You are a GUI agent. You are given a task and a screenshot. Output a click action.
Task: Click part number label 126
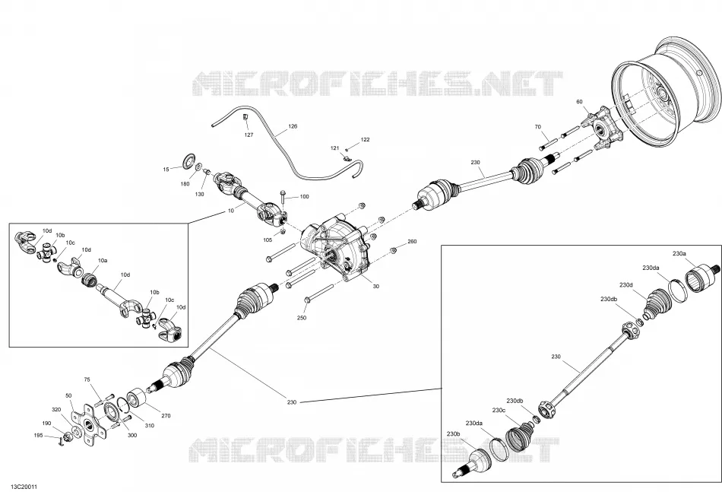click(293, 126)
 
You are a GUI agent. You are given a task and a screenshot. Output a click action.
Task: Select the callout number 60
click(579, 102)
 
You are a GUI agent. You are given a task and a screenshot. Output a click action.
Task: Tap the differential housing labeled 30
click(336, 249)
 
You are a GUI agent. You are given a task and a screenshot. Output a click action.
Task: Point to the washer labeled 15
click(188, 160)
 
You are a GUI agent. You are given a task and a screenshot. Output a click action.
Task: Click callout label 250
click(302, 318)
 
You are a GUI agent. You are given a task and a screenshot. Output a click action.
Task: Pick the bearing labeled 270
click(136, 397)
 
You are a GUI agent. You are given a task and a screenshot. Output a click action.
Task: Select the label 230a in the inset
click(679, 253)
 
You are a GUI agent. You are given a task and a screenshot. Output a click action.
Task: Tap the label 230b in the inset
click(454, 433)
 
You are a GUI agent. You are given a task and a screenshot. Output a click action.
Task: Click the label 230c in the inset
click(499, 410)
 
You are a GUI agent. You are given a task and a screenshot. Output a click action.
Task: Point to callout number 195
click(39, 435)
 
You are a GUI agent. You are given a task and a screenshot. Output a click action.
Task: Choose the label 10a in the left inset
click(103, 261)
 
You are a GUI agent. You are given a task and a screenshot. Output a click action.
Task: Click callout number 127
click(249, 135)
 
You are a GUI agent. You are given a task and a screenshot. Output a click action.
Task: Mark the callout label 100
click(304, 197)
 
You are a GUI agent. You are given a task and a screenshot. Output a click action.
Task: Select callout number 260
click(412, 241)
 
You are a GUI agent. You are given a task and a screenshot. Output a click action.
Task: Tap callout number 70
click(538, 127)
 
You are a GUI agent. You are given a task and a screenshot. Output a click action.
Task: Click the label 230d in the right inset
click(625, 285)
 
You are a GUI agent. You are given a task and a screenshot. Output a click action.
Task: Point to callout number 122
click(365, 140)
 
